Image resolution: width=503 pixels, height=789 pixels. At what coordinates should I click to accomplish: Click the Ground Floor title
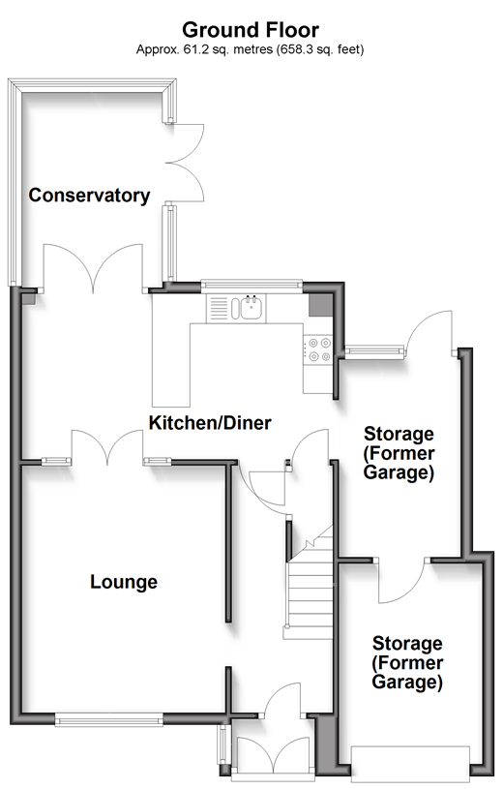(x=250, y=30)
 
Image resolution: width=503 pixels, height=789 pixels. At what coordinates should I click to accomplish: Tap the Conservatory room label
(x=89, y=196)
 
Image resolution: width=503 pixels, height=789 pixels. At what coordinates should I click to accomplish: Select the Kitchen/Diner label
(x=210, y=423)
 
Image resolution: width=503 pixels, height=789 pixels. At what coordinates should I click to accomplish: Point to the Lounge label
(x=124, y=582)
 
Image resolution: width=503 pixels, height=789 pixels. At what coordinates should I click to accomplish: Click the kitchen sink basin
(x=251, y=308)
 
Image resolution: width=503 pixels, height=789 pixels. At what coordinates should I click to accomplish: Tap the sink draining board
(x=218, y=308)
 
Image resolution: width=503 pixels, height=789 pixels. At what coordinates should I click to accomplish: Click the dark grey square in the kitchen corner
(x=320, y=305)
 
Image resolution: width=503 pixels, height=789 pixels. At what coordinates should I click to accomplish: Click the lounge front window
(x=108, y=721)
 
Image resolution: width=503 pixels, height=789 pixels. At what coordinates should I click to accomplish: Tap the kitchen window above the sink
(x=251, y=286)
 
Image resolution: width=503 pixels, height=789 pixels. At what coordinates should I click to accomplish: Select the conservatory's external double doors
(x=185, y=163)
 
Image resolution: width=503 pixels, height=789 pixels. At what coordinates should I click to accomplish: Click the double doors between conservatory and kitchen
(x=93, y=268)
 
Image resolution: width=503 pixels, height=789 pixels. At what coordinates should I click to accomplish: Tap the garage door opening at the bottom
(x=410, y=765)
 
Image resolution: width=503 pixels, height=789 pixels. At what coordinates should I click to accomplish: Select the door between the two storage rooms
(x=402, y=581)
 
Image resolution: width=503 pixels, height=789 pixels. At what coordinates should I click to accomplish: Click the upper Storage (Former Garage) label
(x=399, y=453)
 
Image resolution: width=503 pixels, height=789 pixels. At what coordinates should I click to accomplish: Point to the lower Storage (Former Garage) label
(x=407, y=663)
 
